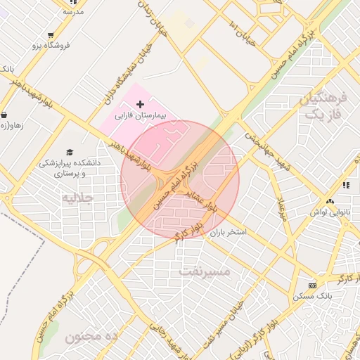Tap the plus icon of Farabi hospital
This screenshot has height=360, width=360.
140,104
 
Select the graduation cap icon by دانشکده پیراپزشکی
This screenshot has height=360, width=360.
69,152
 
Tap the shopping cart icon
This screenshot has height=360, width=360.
51,35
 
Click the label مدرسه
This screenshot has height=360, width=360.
73,11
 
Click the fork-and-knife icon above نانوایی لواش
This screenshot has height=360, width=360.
346,185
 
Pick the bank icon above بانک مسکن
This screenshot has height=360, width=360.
313,285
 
